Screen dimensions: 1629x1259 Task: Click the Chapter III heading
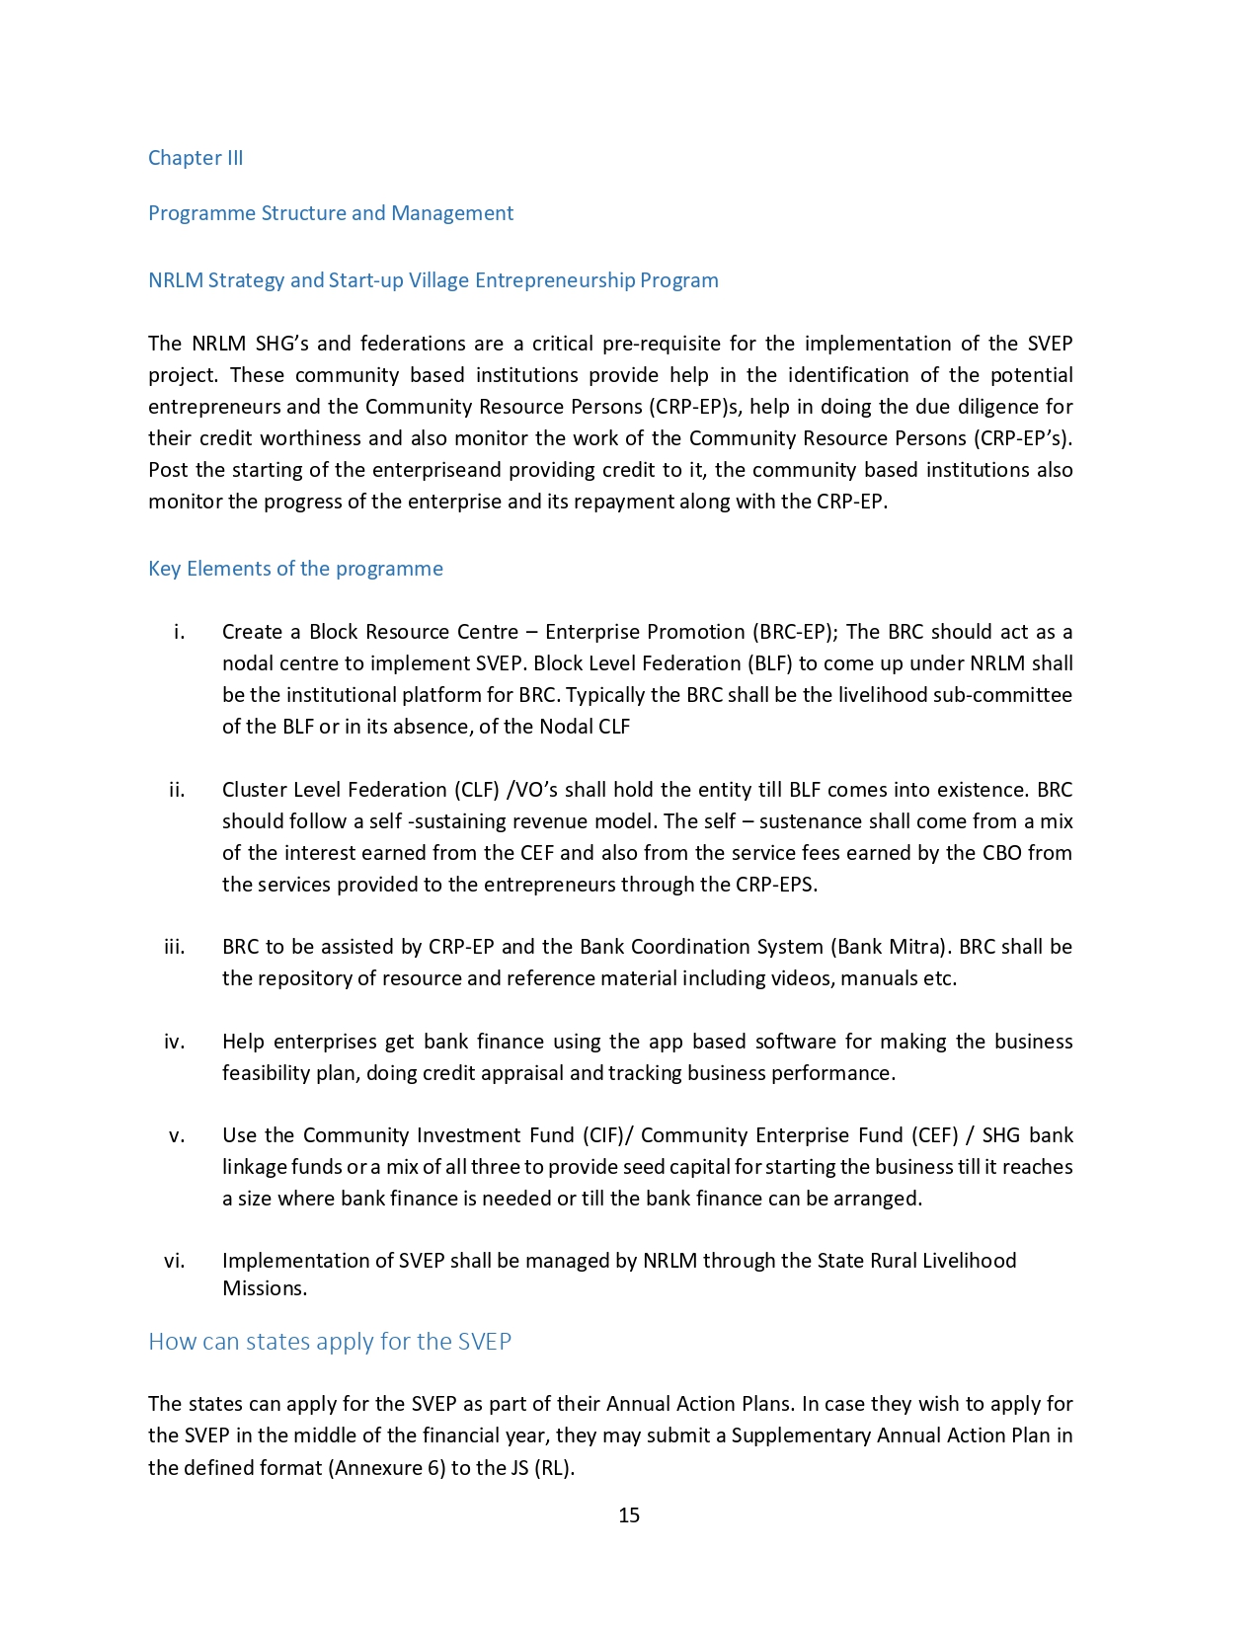coord(196,158)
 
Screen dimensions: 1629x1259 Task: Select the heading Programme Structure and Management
coord(331,213)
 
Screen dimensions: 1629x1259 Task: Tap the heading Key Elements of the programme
coord(295,569)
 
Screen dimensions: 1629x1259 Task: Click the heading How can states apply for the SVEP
coord(330,1342)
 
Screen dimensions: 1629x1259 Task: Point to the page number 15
coord(629,1515)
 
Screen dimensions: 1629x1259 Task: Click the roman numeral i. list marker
coord(179,632)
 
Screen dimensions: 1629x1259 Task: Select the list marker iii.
coord(175,947)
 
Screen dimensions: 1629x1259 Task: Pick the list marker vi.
coord(175,1261)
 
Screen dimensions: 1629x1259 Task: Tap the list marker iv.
coord(175,1042)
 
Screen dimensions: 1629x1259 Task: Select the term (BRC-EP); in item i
coord(795,632)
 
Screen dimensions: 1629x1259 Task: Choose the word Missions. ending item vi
coord(265,1288)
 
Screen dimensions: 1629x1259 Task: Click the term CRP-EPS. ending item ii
coord(776,885)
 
